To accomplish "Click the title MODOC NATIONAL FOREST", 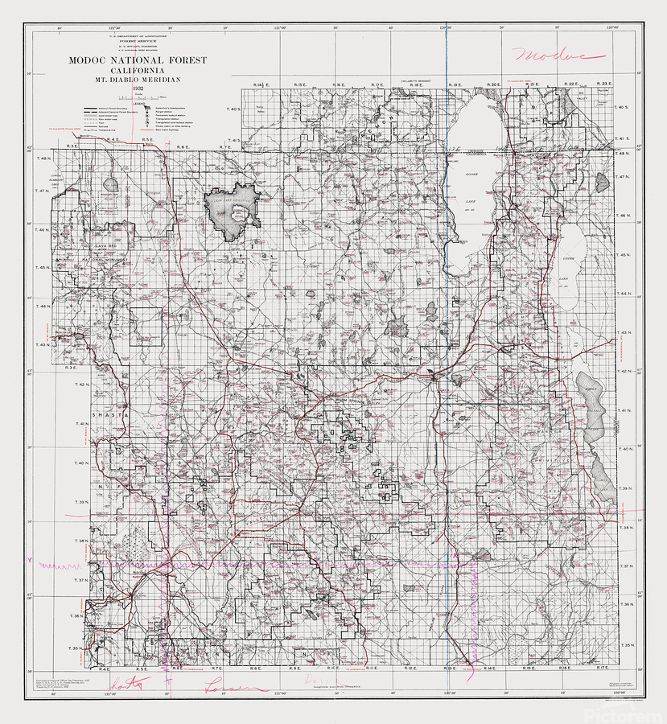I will click(x=137, y=60).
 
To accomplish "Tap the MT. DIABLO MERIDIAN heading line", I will click(x=137, y=79).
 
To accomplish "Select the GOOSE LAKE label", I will click(x=472, y=173).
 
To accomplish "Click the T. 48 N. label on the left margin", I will click(x=43, y=159).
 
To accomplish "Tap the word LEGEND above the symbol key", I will click(x=139, y=102).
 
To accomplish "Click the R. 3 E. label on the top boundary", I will click(x=72, y=146).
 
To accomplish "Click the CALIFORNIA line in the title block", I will click(x=137, y=70).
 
